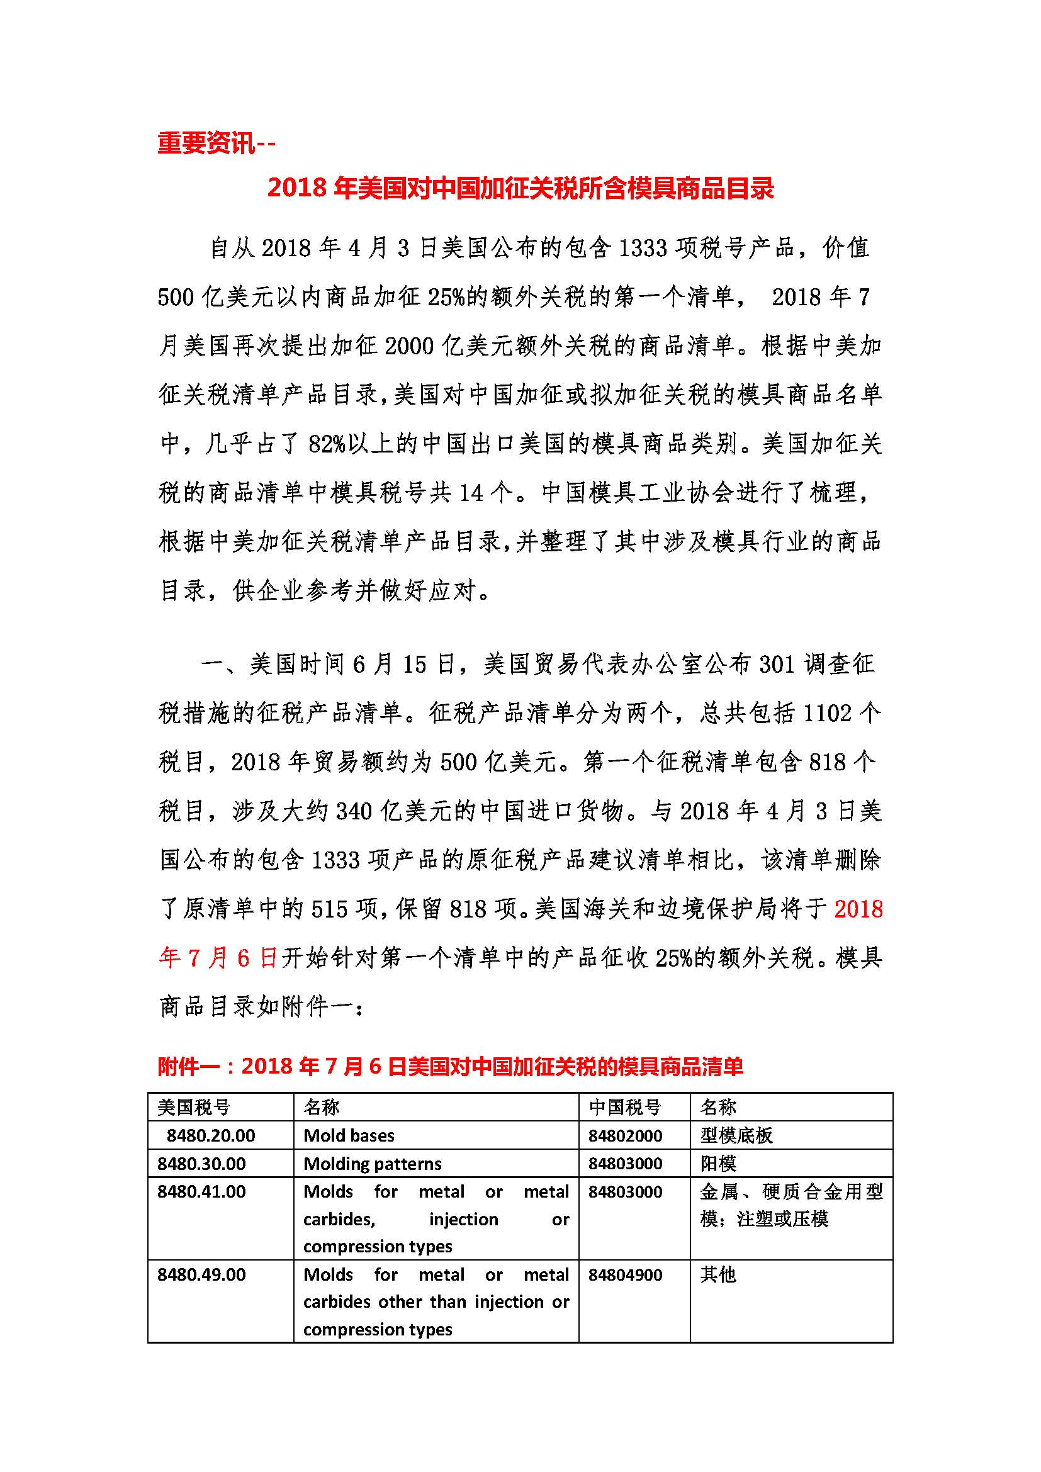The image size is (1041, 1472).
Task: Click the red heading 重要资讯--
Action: click(216, 142)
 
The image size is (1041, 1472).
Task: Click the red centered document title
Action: click(520, 188)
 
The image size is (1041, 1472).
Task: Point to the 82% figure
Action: click(326, 444)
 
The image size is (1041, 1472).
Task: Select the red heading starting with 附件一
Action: click(450, 1066)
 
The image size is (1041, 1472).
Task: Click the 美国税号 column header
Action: click(194, 1107)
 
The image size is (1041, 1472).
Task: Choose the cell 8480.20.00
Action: click(211, 1135)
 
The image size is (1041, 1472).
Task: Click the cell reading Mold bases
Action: click(349, 1135)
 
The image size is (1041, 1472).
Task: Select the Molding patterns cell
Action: click(373, 1164)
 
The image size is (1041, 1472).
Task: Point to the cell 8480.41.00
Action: click(201, 1192)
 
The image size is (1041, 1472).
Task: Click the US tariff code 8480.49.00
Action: click(201, 1274)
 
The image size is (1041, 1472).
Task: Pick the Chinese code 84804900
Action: click(625, 1274)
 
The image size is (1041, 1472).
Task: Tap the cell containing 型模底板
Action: click(736, 1135)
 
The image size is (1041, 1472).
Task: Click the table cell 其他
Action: click(717, 1274)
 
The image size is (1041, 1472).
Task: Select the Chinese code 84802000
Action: click(625, 1135)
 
